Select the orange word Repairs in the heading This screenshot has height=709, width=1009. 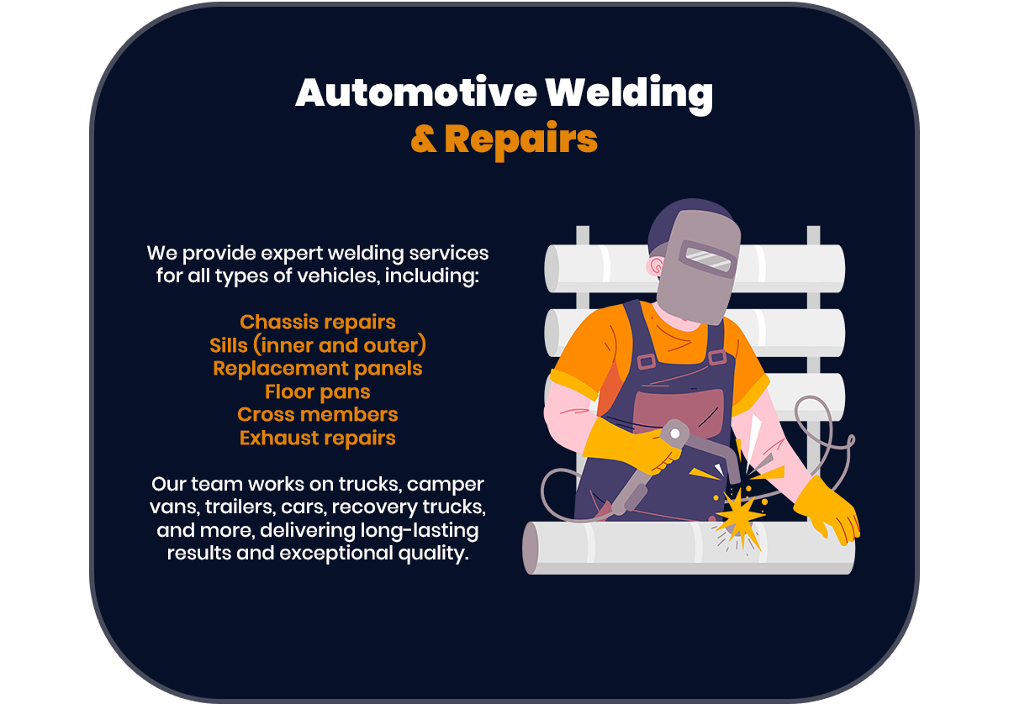pos(520,139)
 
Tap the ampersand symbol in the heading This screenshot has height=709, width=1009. pos(424,139)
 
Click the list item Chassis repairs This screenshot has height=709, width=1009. pos(317,322)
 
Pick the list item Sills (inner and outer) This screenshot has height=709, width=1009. pos(317,345)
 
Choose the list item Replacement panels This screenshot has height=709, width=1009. pos(317,368)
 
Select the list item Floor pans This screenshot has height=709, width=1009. pos(317,391)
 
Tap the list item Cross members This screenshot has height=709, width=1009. pos(317,414)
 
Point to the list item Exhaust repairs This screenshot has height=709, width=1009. pos(317,438)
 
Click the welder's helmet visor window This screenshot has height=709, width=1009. pos(708,257)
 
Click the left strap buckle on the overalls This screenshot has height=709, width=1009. pos(646,361)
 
